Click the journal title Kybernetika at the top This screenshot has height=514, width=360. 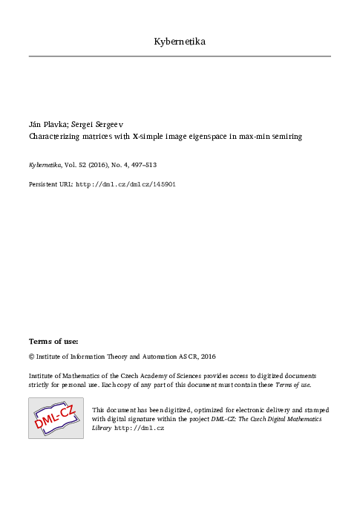tap(180, 41)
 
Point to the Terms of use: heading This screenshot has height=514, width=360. tap(53, 341)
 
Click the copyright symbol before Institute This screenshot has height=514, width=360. tap(31, 357)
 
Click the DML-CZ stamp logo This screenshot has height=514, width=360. tap(56, 418)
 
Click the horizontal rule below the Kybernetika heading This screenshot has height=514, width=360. tap(180, 56)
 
